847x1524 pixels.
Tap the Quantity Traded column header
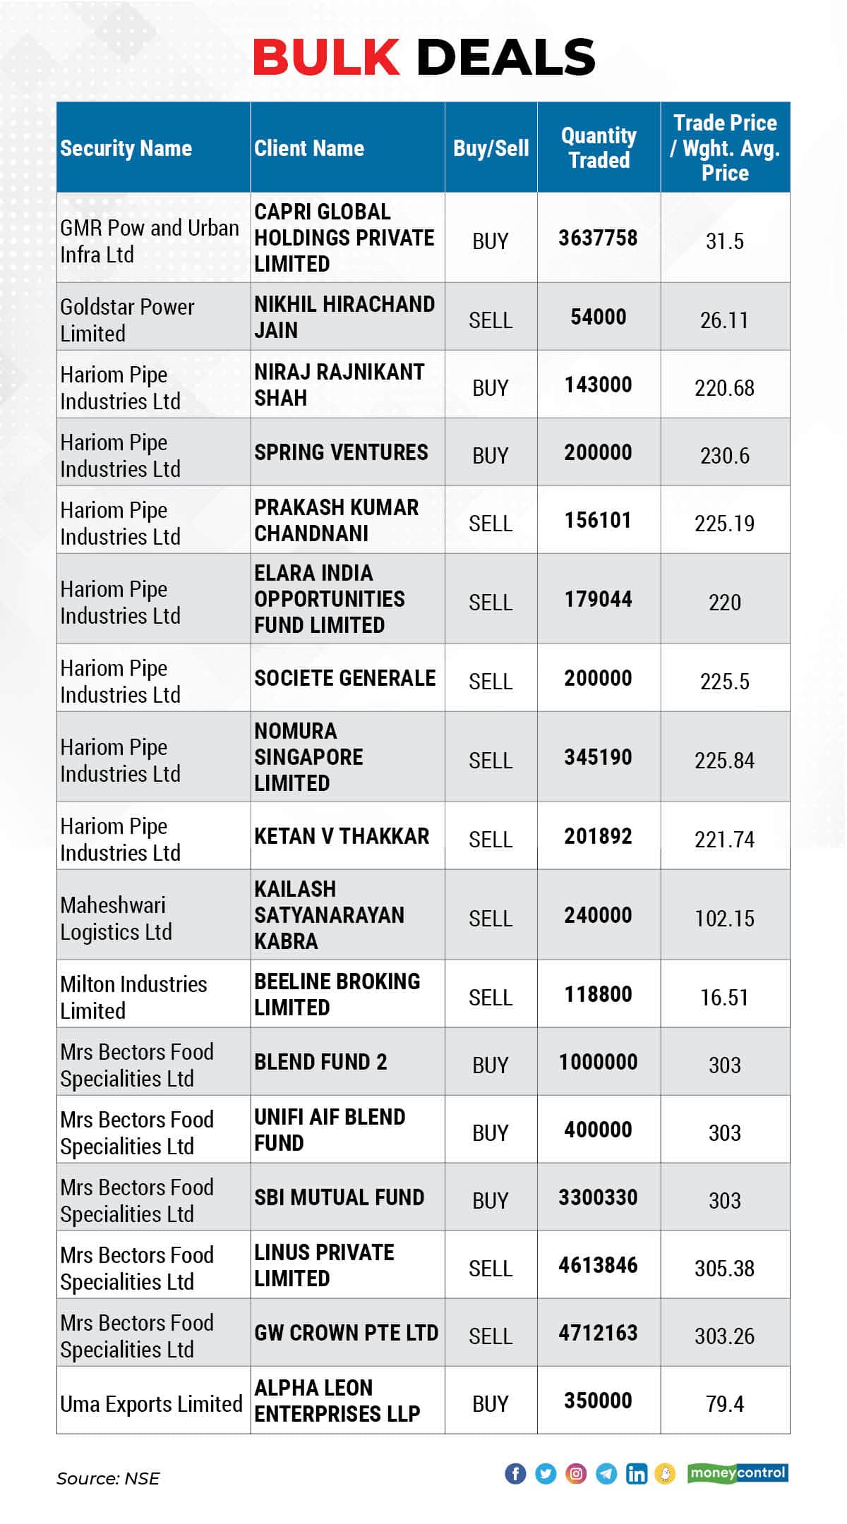click(x=599, y=147)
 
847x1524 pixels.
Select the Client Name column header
click(x=309, y=148)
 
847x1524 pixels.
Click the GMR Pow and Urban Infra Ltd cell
click(x=149, y=241)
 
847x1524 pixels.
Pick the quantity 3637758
click(x=598, y=238)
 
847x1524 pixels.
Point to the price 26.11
click(x=724, y=320)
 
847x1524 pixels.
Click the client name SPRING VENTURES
click(x=341, y=452)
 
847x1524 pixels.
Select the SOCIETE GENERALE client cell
click(x=345, y=678)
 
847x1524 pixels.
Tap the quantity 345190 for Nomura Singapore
click(x=598, y=757)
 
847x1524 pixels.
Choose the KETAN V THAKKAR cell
click(x=342, y=836)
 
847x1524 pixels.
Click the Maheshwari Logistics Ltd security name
click(x=116, y=918)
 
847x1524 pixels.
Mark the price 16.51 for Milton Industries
click(x=724, y=998)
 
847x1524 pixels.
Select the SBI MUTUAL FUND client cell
click(x=340, y=1197)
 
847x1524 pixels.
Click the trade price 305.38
click(x=724, y=1269)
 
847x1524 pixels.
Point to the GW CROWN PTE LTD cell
click(x=346, y=1333)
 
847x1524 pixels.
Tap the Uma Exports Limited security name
click(x=151, y=1404)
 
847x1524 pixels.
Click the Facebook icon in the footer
click(x=515, y=1473)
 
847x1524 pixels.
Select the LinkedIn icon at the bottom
click(x=636, y=1473)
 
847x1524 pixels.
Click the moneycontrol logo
click(x=738, y=1473)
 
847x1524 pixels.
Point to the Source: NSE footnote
click(x=108, y=1478)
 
